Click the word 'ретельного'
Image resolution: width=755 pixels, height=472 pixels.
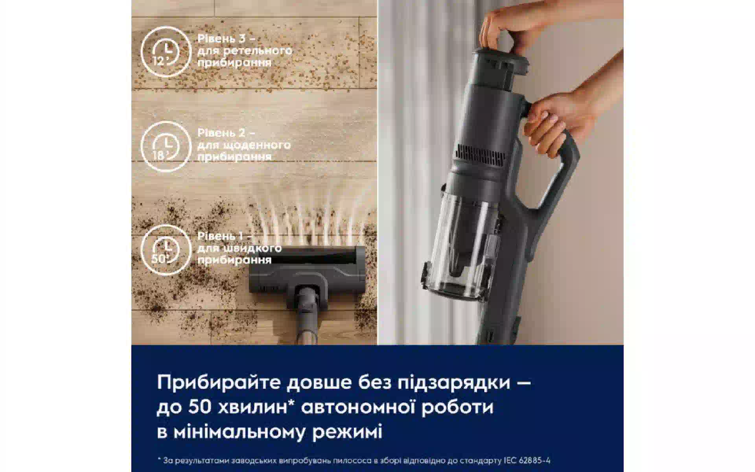258,51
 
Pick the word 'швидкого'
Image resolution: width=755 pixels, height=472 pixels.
252,249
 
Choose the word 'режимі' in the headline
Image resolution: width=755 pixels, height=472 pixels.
347,433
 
